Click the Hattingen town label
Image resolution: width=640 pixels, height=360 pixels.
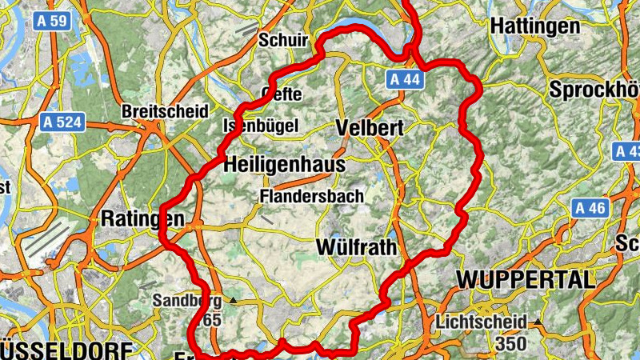[534, 26]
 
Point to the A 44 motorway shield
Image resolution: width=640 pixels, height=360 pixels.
[404, 78]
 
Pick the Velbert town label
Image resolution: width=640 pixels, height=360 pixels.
[370, 127]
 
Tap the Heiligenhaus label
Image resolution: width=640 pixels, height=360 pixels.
[285, 164]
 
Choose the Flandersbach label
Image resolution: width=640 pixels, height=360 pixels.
[312, 195]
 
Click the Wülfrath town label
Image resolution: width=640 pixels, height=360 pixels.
[356, 246]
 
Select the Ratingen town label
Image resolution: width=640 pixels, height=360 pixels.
[143, 218]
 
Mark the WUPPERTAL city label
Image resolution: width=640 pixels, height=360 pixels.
[526, 279]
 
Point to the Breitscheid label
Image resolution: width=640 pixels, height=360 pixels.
[165, 110]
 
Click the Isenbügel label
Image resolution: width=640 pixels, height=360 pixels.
[260, 126]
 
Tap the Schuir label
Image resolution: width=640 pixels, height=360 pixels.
[283, 38]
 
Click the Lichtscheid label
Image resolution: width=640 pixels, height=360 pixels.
[482, 322]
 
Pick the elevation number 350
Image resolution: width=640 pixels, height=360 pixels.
[510, 343]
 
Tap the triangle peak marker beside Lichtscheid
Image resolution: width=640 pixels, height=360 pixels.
[538, 322]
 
